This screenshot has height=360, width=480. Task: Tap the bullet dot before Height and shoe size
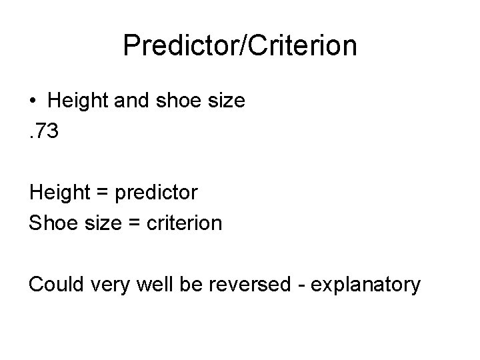[33, 101]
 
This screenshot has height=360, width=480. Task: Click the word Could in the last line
[54, 285]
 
